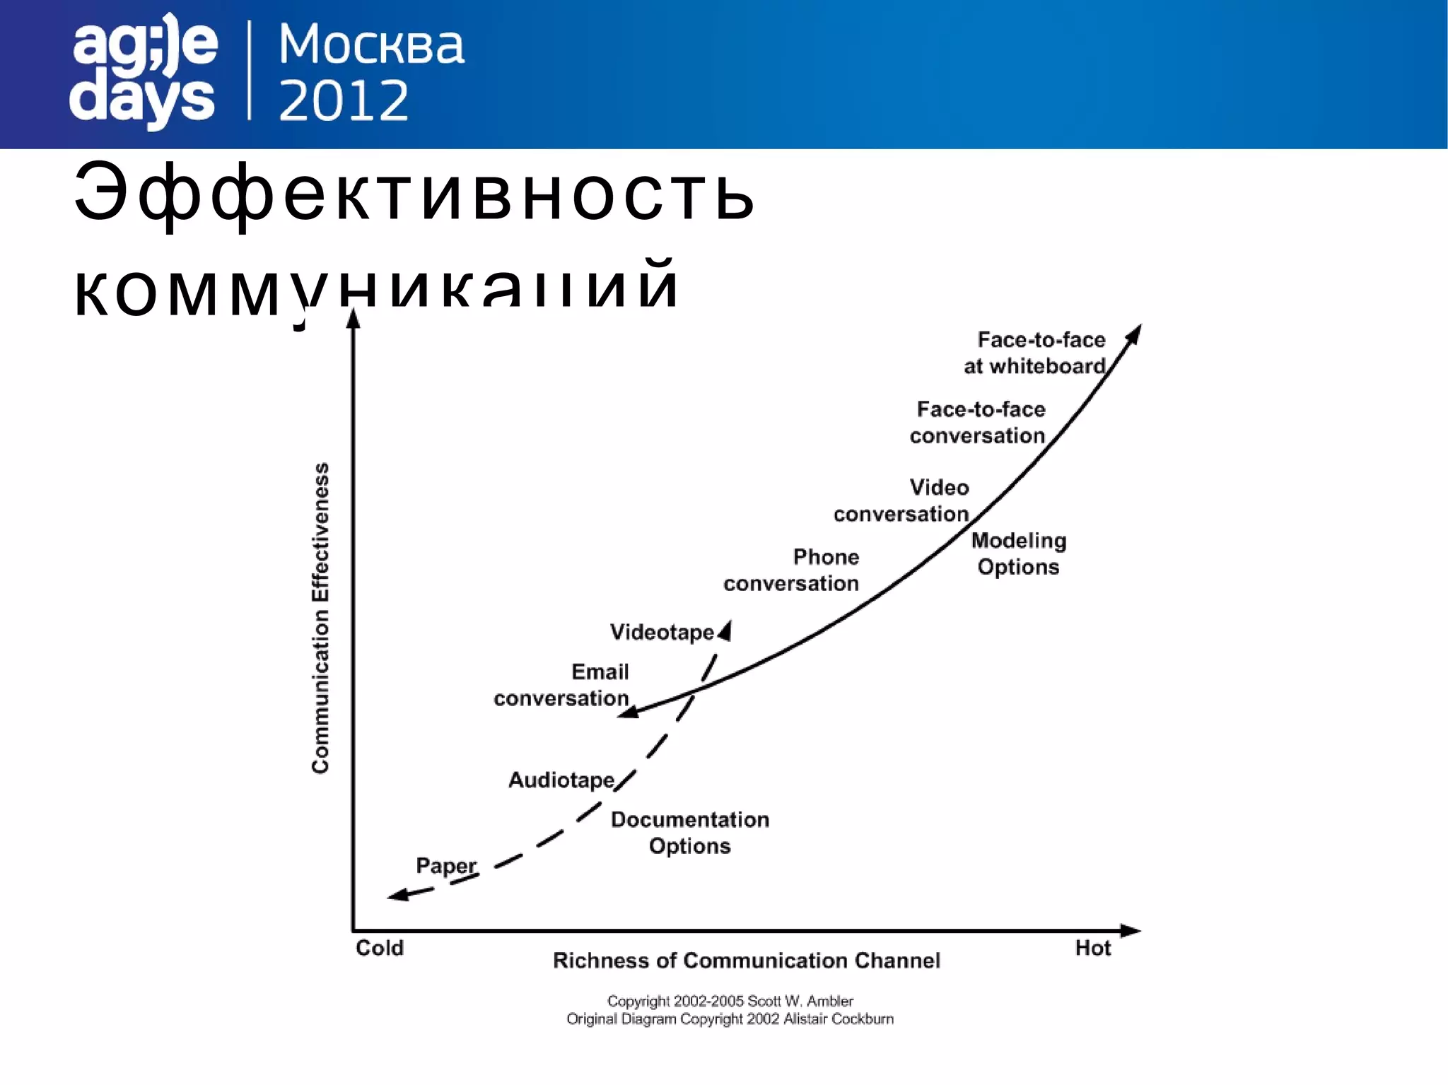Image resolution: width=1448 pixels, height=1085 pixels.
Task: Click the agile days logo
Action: (144, 71)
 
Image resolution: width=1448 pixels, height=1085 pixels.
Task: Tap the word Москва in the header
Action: (371, 45)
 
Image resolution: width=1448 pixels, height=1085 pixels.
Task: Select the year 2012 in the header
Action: (344, 100)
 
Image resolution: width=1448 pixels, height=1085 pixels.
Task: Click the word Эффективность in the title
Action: (414, 193)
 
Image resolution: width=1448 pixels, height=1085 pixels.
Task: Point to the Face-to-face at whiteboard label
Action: (1036, 353)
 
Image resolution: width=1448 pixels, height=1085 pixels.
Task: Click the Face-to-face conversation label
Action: (979, 422)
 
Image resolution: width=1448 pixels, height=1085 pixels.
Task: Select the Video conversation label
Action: (902, 500)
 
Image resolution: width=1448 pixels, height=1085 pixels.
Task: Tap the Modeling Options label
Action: (1018, 553)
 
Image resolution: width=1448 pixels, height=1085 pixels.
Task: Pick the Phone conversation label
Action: (792, 570)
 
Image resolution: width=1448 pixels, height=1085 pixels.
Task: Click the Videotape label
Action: (662, 632)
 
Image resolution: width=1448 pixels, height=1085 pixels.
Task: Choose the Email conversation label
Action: (562, 685)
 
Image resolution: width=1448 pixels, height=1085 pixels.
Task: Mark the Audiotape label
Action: (561, 780)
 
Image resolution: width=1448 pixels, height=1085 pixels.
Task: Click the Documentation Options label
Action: (690, 833)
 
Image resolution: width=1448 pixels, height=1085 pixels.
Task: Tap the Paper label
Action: (445, 865)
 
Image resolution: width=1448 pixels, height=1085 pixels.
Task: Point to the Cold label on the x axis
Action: (380, 948)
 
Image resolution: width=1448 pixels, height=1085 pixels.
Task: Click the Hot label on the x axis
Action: (1093, 948)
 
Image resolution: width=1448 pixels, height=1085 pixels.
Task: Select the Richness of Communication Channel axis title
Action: (747, 961)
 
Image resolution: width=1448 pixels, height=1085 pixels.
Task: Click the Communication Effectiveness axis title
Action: (320, 618)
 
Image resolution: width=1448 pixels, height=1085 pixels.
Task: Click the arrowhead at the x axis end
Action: (1131, 930)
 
